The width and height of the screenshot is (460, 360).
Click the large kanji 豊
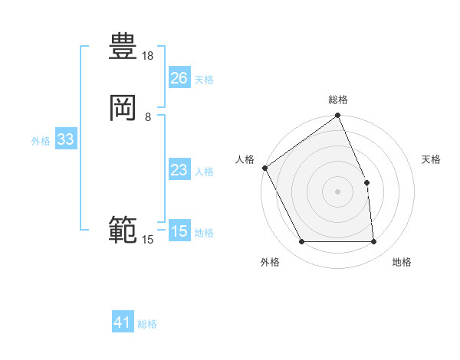point(123,47)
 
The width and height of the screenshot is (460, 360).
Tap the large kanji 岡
point(123,108)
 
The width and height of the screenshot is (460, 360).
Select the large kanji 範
point(123,229)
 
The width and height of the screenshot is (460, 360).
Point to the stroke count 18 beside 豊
point(148,56)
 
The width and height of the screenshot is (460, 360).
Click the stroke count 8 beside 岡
point(148,116)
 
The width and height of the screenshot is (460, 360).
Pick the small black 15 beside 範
point(148,240)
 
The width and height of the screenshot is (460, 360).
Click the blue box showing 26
point(179,78)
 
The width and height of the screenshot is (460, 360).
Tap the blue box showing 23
point(179,170)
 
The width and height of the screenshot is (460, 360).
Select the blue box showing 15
point(179,231)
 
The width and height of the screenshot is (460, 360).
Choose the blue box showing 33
point(65,139)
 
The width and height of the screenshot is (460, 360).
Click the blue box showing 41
point(123,322)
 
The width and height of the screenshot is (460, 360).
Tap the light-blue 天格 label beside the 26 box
point(204,80)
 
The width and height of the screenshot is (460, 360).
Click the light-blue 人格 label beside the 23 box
point(204,172)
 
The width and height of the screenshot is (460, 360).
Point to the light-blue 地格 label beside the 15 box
point(204,233)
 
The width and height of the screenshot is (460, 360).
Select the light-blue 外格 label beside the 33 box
point(41,141)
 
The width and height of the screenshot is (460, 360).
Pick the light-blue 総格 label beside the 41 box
point(147,324)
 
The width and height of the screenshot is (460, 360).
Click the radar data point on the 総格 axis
point(338,116)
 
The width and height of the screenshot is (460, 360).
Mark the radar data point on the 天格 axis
point(366,182)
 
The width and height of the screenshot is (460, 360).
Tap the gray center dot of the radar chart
point(338,191)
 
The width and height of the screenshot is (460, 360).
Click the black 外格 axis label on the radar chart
point(270,262)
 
